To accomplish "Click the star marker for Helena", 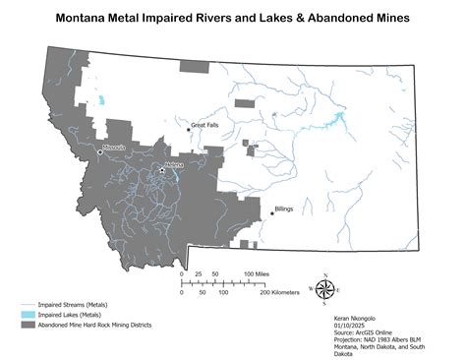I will click(x=162, y=170).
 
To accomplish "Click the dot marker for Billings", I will click(x=271, y=212).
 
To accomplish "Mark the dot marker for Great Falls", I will click(x=189, y=128).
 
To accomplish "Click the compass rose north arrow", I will click(x=328, y=287).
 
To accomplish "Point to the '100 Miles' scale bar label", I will click(x=257, y=273).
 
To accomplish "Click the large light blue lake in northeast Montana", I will click(x=339, y=119).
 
